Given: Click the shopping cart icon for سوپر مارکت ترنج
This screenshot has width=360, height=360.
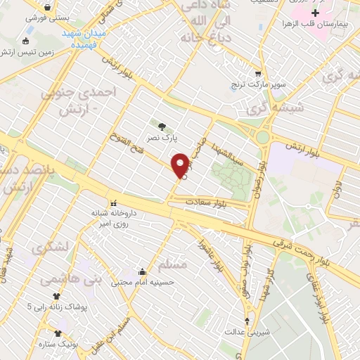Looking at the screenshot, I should pos(259,73).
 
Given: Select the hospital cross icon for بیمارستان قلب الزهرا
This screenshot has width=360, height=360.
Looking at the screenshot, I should pos(316,13).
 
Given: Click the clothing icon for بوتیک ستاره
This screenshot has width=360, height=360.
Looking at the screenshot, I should pos(57,333).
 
